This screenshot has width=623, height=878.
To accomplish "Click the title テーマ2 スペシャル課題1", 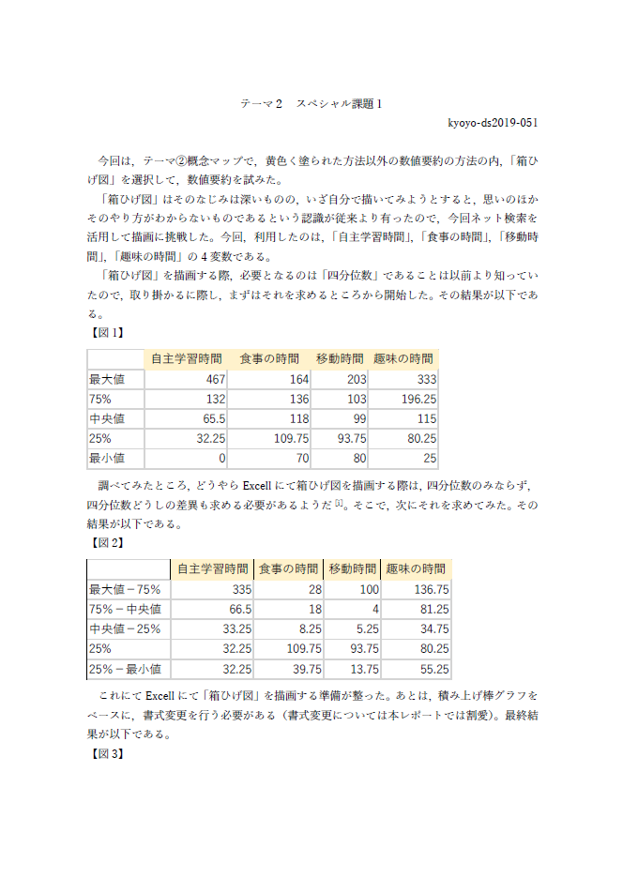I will pos(311,103).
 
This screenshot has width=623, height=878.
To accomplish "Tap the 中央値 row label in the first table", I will pos(107,418).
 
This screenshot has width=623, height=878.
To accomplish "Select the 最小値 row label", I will pos(107,459).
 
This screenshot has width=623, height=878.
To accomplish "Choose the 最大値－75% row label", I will pos(125,589).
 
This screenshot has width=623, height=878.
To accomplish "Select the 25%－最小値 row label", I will pos(125,669).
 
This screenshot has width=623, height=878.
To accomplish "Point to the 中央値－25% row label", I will pos(125,628).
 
